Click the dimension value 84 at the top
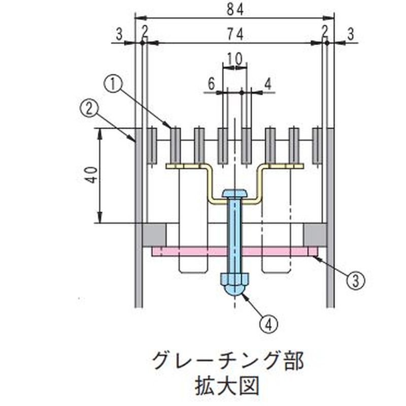point(235,10)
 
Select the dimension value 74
point(235,34)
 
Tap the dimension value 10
point(235,59)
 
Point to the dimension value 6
point(212,84)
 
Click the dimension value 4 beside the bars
point(268,84)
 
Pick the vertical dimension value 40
point(92,175)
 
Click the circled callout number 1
point(113,85)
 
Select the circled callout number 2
point(88,110)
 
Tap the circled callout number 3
point(356,281)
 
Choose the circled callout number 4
point(269,324)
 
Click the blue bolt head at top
point(235,193)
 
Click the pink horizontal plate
point(234,251)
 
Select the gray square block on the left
point(154,235)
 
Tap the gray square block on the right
point(315,235)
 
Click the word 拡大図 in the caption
point(227,386)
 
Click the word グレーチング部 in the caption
point(227,361)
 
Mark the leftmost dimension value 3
point(119,34)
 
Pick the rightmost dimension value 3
point(351,34)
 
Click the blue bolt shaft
point(234,235)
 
